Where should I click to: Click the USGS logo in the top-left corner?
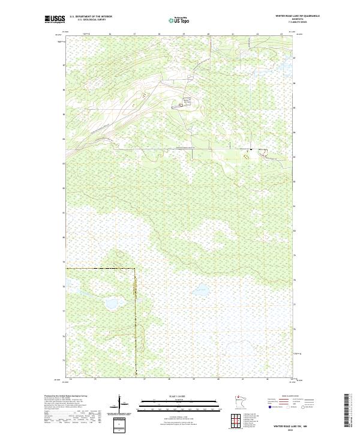[x=55, y=19]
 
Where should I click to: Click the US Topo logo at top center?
[x=179, y=20]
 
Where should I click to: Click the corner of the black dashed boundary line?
[x=134, y=268]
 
